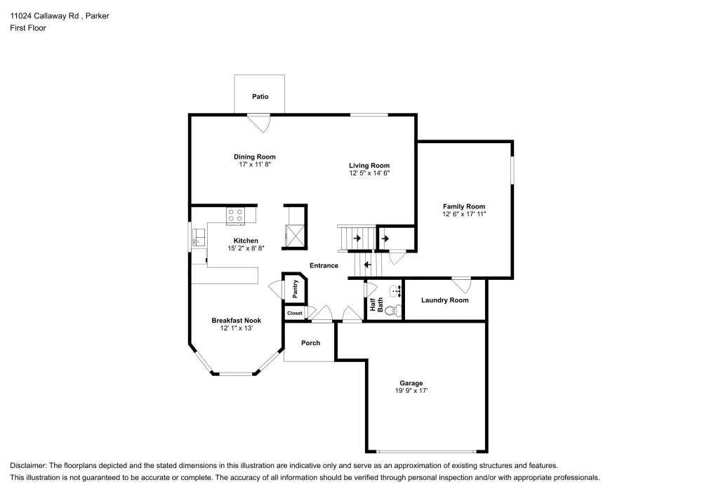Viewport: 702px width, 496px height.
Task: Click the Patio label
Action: coord(260,97)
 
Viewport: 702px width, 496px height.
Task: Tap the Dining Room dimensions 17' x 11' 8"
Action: coord(254,164)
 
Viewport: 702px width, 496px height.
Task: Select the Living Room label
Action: coord(369,166)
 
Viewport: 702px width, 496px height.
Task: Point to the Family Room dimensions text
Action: coord(463,214)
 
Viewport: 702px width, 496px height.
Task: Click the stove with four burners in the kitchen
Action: coord(235,215)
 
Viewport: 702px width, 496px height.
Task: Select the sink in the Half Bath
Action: coord(395,288)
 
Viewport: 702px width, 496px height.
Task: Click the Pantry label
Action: coord(296,288)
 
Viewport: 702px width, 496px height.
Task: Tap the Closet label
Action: coord(294,313)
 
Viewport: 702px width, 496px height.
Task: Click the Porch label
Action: coord(310,343)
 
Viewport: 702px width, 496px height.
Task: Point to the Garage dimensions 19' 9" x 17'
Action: coord(411,391)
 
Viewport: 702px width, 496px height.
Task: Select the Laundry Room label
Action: coord(444,300)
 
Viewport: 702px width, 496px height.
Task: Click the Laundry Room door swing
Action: coord(461,285)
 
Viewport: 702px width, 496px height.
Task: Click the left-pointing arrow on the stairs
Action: coord(366,265)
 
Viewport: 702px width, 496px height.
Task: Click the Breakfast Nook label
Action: coord(236,321)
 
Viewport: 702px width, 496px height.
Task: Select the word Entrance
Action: coord(324,266)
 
